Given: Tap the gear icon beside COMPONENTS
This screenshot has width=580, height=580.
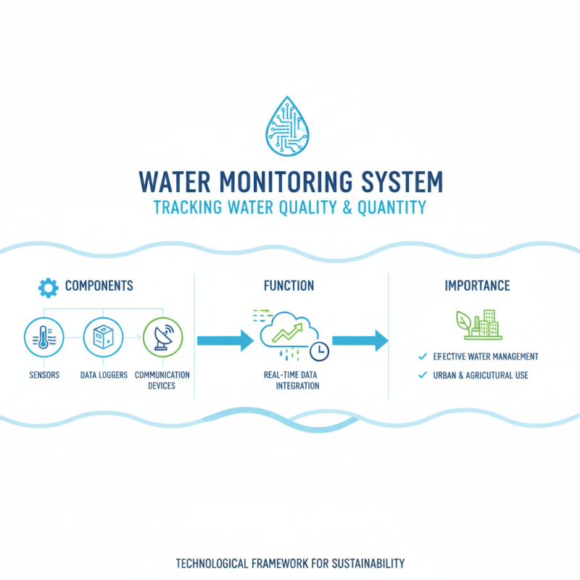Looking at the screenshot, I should (x=48, y=287).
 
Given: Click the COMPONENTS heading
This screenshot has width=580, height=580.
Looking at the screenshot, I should (x=99, y=286).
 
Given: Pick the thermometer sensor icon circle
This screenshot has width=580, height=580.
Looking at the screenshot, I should (x=43, y=337).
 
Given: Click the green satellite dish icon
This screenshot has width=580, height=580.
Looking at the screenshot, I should (x=163, y=337).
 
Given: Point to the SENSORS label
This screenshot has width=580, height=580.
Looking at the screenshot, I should (x=44, y=375).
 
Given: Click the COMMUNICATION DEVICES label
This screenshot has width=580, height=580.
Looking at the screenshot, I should (x=162, y=380).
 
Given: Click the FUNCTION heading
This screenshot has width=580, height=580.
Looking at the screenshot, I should (x=289, y=286).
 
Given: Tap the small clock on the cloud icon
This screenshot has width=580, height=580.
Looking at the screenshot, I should (x=318, y=351).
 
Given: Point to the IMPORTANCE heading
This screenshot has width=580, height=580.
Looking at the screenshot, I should (x=477, y=286).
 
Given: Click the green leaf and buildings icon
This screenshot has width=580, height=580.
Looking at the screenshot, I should (x=477, y=324).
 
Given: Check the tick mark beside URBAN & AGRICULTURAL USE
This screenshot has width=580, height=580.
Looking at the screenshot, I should (x=422, y=375).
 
